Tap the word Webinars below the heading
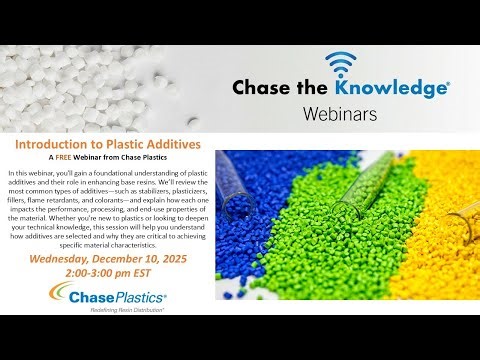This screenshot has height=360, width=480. point(339,114)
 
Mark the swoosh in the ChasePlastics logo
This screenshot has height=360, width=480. point(62,295)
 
